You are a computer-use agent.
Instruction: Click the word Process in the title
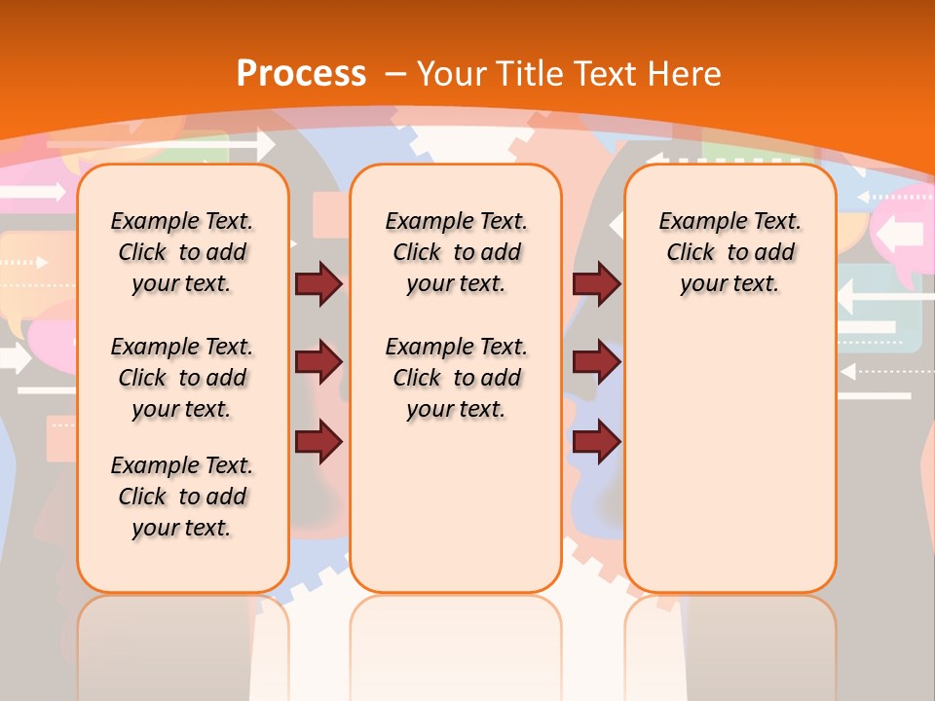301,73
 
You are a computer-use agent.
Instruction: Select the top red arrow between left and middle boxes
318,283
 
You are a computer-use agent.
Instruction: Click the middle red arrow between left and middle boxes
318,362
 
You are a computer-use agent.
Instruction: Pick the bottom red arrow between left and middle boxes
318,441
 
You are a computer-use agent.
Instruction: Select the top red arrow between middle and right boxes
596,283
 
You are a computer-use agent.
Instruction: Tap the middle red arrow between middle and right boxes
596,362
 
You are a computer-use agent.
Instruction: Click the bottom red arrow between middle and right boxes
596,441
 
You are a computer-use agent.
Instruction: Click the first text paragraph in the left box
182,252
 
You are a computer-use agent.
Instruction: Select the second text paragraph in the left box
182,378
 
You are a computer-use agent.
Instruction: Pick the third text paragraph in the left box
182,497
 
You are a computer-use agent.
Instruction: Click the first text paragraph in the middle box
456,252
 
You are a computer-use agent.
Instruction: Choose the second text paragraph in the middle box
456,378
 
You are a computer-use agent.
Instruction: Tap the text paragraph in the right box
729,252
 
